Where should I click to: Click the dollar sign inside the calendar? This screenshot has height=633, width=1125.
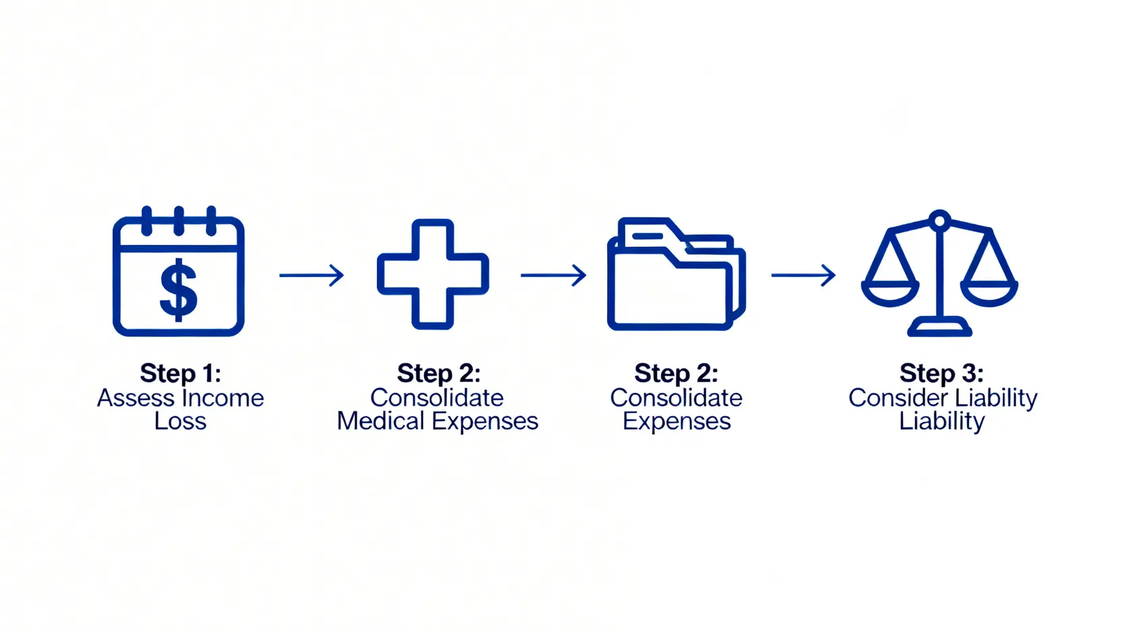178,290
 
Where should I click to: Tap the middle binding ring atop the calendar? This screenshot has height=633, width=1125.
179,220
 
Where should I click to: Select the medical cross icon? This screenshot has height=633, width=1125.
433,274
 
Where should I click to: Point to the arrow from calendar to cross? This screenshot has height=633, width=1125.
311,275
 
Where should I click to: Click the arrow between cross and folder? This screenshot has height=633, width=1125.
553,275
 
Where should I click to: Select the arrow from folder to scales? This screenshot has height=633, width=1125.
804,275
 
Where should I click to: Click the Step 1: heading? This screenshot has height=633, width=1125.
180,373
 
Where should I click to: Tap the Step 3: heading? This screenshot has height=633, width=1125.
941,373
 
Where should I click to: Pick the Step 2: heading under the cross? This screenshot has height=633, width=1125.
438,373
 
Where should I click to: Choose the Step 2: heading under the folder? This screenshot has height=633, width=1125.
676,373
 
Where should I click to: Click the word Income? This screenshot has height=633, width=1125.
223,398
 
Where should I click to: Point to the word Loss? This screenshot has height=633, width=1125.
180,421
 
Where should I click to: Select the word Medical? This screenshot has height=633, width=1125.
381,421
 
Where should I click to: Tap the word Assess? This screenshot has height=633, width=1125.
135,398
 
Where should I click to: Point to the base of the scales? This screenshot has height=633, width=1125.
939,328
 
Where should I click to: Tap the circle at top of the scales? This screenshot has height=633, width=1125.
939,220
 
